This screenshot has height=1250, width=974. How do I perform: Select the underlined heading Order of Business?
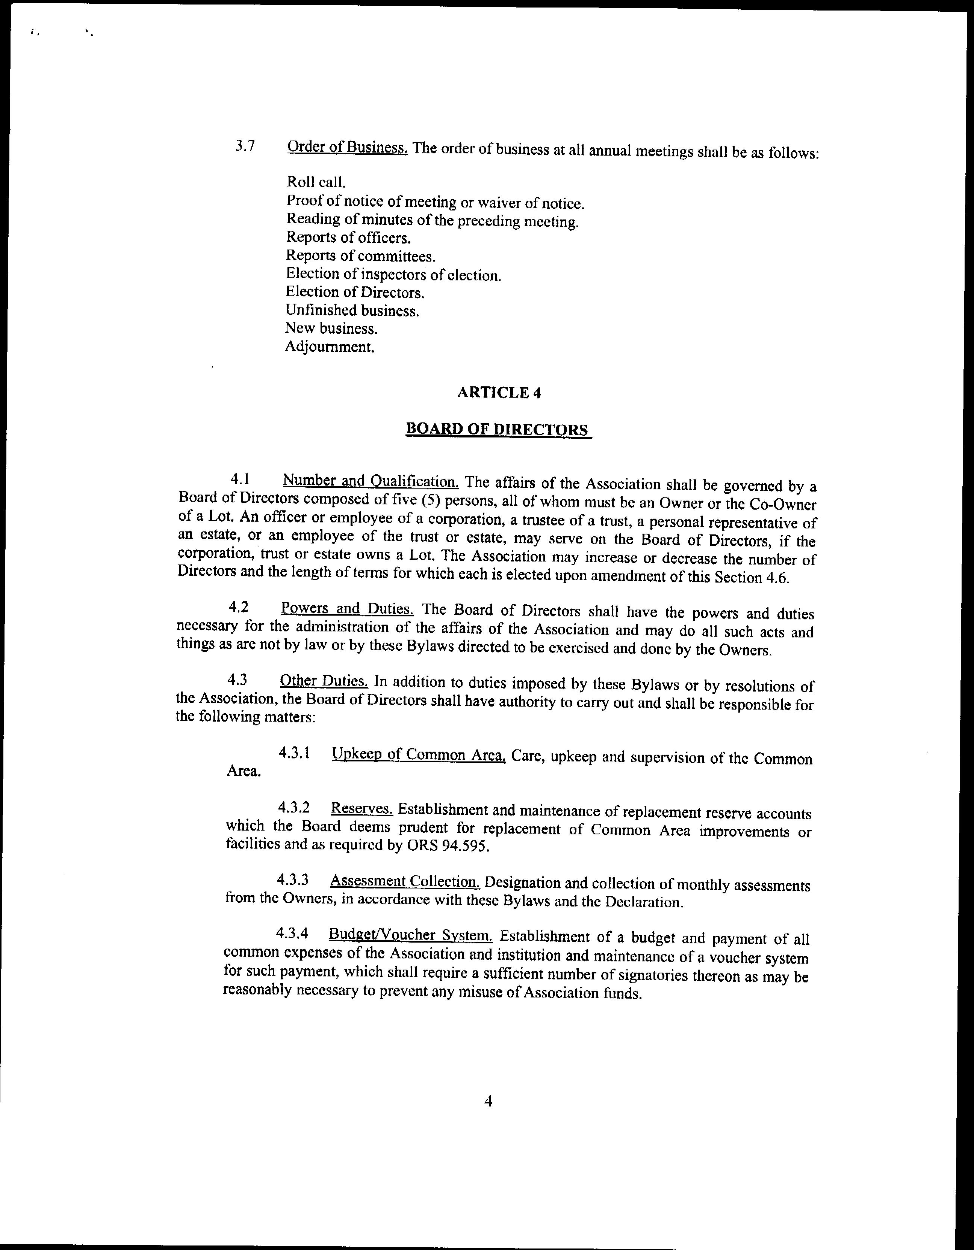point(347,148)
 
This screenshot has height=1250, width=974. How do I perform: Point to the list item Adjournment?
point(330,347)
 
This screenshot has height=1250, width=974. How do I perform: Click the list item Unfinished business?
point(352,311)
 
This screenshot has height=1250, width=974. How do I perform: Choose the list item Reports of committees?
point(360,256)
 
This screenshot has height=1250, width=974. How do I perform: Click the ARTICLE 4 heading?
point(498,393)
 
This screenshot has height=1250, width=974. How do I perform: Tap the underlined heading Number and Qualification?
point(370,480)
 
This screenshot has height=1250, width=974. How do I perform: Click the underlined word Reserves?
point(361,809)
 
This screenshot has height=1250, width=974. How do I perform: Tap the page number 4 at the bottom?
point(488,1101)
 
